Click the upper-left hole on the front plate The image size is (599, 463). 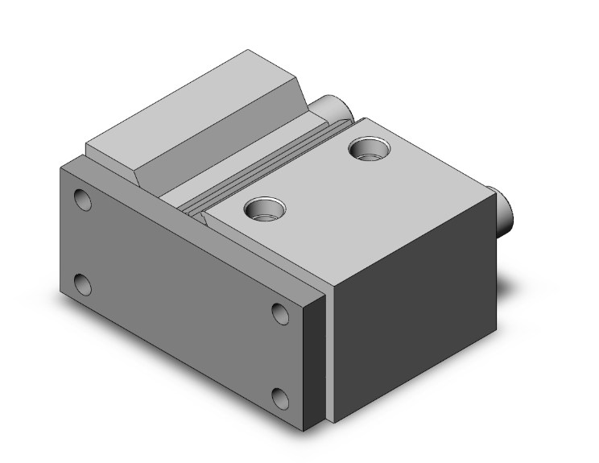point(83,199)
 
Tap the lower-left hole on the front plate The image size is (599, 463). point(82,284)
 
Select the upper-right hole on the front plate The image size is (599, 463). point(280,313)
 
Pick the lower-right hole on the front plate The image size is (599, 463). point(280,398)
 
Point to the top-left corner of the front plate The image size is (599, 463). point(61,167)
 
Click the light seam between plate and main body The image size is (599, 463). point(329,354)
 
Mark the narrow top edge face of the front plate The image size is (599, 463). point(193,225)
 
